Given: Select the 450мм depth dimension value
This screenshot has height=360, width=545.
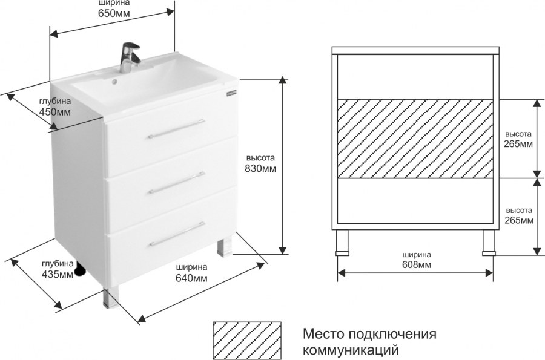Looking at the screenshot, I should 55,113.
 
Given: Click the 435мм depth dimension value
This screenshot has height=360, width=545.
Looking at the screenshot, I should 58,275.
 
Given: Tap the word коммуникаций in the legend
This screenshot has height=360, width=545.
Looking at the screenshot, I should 351,349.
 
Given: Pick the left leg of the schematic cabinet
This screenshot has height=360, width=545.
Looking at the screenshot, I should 343,242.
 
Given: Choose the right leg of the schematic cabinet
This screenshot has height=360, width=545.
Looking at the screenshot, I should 488,242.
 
